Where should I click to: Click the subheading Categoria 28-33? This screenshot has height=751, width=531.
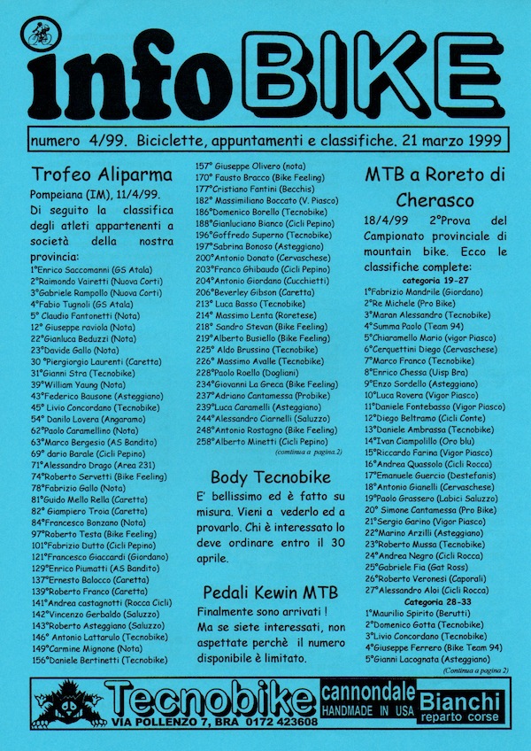433,625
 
